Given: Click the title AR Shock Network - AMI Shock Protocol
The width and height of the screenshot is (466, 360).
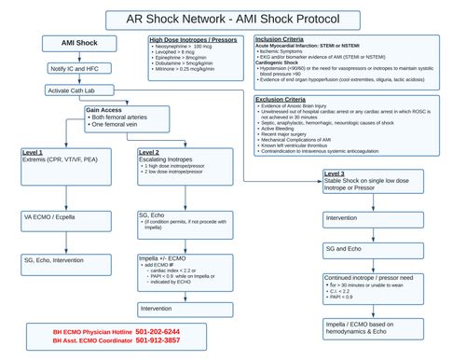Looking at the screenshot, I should click(x=232, y=19).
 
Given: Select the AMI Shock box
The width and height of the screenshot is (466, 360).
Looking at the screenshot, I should click(x=68, y=45).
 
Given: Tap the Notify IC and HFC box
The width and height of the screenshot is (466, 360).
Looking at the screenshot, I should click(x=68, y=69).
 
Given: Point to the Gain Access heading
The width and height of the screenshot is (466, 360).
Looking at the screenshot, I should click(x=105, y=109).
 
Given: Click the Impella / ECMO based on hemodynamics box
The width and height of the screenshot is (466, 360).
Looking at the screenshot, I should click(x=382, y=325).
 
